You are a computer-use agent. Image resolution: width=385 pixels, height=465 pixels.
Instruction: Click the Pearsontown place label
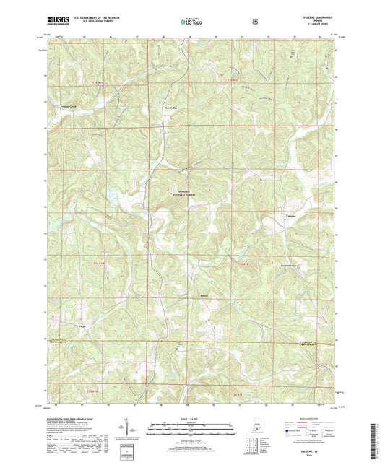click(x=293, y=264)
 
